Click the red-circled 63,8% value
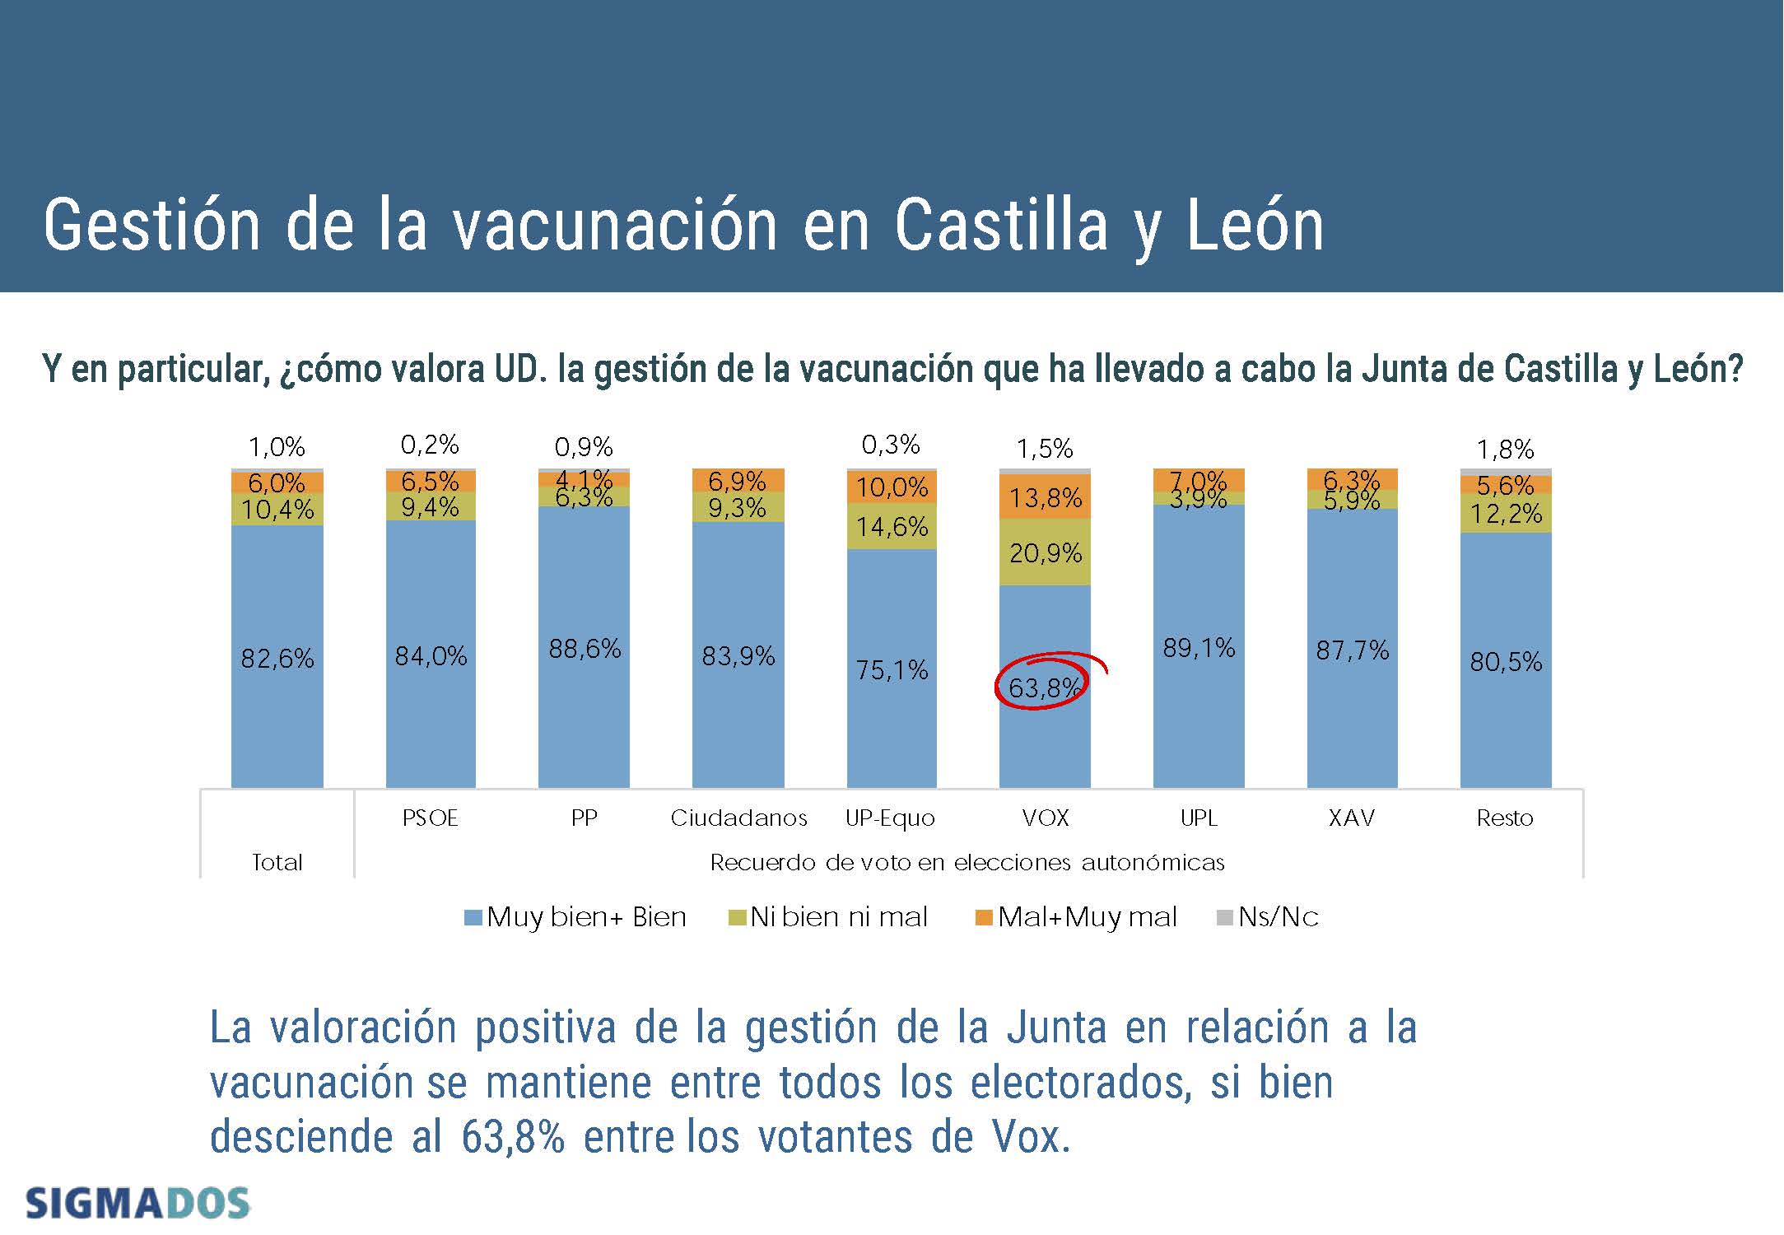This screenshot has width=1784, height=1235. click(1043, 687)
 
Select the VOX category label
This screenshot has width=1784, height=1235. click(1045, 818)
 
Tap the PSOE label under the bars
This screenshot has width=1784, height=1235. click(430, 818)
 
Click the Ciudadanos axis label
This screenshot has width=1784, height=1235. click(738, 818)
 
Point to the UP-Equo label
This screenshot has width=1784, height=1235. click(890, 818)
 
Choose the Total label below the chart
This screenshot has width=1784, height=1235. click(277, 862)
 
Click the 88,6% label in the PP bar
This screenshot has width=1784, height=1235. click(585, 649)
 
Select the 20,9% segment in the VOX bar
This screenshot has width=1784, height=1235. click(1045, 552)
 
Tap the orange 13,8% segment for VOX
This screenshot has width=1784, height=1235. click(1045, 497)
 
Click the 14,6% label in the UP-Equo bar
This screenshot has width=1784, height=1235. click(892, 526)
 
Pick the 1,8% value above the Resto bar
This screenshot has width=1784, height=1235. click(1505, 450)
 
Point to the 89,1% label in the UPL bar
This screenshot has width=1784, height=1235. click(1199, 648)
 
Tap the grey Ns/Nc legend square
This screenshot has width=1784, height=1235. click(1224, 917)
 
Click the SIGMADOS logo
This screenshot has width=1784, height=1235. click(137, 1204)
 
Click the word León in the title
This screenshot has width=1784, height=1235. click(1255, 226)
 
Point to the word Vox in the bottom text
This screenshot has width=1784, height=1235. click(1030, 1137)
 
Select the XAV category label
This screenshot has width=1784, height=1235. click(1351, 818)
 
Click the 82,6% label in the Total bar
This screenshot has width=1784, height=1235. click(277, 658)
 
